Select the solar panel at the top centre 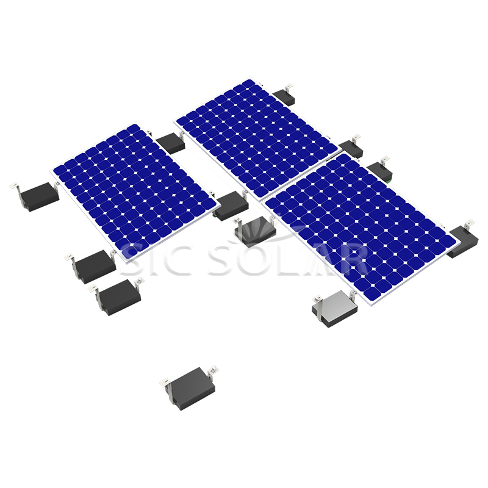[256, 137]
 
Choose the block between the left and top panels [170, 143]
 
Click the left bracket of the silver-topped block [317, 298]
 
